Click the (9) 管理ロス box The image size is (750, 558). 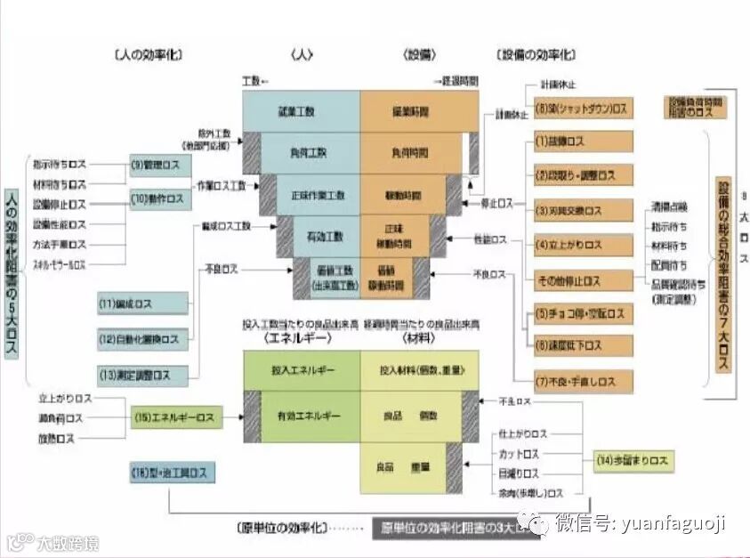coord(160,164)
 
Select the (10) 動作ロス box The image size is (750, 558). coord(160,199)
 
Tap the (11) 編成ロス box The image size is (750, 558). coord(143,303)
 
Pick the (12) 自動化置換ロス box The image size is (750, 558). coord(143,339)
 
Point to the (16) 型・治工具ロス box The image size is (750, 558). coord(173,470)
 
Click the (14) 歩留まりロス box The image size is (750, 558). coord(633,461)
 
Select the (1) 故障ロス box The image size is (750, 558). coord(583,142)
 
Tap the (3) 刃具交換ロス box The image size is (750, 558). coord(583,211)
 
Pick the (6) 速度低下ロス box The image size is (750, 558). coord(583,345)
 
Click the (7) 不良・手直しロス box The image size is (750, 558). coord(583,382)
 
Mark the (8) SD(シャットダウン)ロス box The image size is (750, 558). coord(583,109)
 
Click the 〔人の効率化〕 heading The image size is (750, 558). coord(148,54)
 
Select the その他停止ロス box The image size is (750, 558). coord(583,280)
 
